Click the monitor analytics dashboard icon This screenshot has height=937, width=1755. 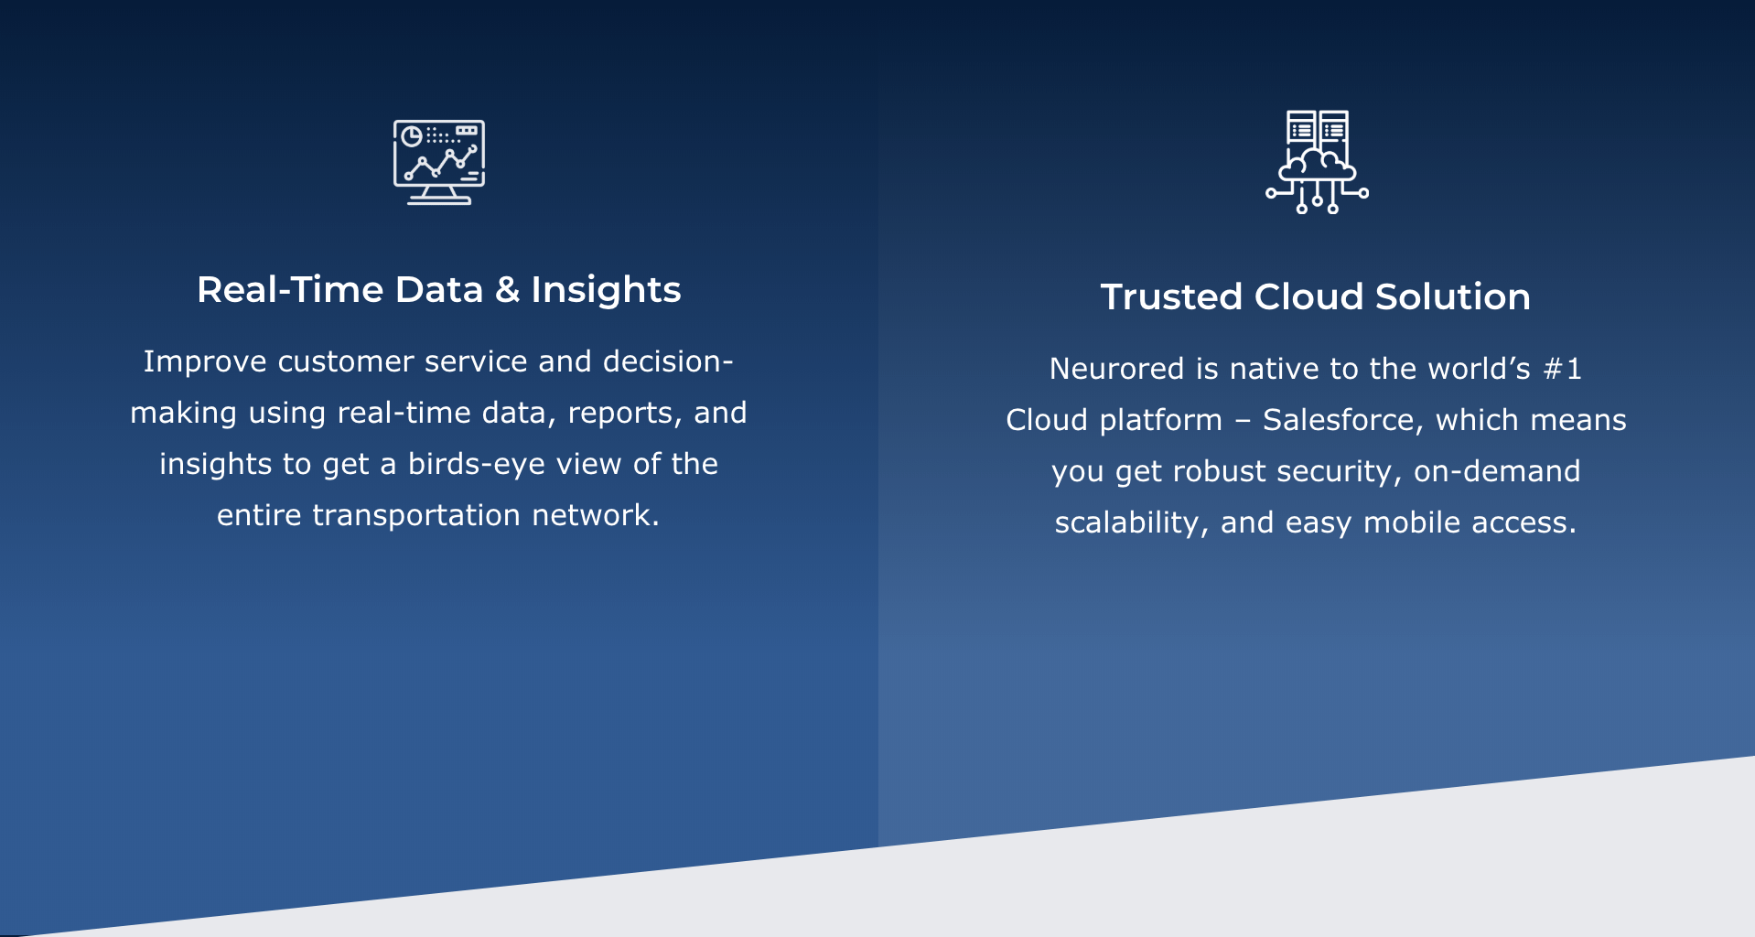click(x=439, y=162)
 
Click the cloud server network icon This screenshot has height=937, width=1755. click(x=1317, y=162)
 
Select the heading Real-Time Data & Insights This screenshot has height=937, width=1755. click(x=439, y=290)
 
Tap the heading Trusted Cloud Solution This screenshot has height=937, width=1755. click(x=1316, y=296)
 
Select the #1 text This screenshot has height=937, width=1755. click(x=1562, y=369)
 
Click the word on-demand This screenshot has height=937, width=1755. click(x=1497, y=471)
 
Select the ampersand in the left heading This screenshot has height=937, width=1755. click(x=507, y=290)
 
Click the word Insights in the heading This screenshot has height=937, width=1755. click(x=606, y=291)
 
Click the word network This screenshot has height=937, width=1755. click(x=596, y=516)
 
